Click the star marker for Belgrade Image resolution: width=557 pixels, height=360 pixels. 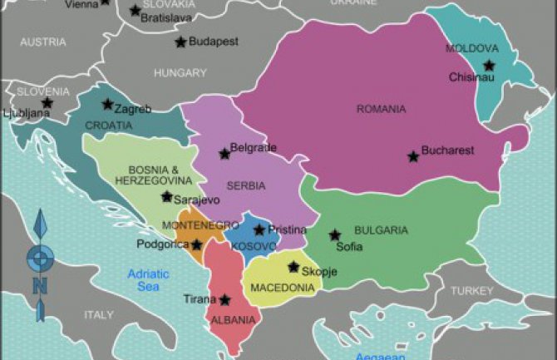tap(224, 154)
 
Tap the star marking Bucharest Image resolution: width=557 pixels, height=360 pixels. tap(412, 156)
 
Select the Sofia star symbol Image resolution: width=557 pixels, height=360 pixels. tap(335, 235)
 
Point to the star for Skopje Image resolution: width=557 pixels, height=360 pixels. tap(293, 267)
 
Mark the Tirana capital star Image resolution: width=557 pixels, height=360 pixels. tap(225, 299)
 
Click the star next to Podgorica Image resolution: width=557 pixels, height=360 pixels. tap(196, 244)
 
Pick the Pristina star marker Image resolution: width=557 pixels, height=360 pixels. tap(259, 229)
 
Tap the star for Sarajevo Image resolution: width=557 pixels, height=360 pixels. tap(166, 197)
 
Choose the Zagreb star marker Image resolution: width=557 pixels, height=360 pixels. tap(107, 105)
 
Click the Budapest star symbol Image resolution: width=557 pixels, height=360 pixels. tap(180, 42)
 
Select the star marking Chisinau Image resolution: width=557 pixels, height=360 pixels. tap(489, 65)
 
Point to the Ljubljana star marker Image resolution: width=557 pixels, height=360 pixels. tap(47, 103)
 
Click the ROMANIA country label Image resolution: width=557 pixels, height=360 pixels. tap(381, 109)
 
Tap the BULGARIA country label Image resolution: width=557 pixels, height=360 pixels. tap(381, 229)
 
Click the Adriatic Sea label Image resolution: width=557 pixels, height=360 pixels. tap(149, 279)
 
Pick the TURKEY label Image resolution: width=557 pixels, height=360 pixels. tap(471, 291)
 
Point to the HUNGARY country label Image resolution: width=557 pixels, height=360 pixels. tap(180, 73)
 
